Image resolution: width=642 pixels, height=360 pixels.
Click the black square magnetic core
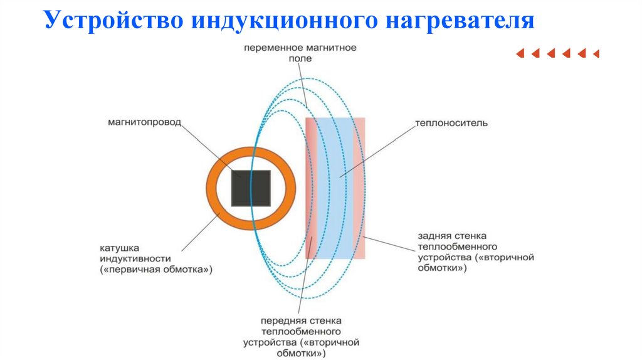(x=251, y=188)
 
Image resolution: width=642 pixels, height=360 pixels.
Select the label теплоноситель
(x=451, y=124)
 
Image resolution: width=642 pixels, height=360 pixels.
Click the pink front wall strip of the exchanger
(x=312, y=188)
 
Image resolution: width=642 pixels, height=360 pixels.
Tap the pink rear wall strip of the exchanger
(x=359, y=188)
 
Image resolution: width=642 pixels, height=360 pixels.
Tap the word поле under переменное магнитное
(x=300, y=58)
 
